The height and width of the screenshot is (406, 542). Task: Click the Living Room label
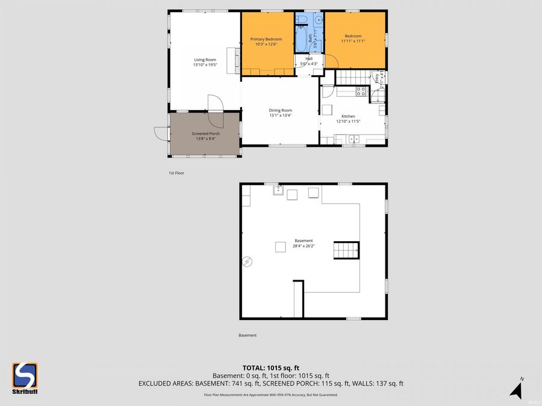point(205,60)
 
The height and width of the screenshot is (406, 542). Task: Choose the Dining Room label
point(280,110)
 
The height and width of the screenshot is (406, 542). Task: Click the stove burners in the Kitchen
point(361,91)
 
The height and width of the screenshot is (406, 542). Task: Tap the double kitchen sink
point(352,139)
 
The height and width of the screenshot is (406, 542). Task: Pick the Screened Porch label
point(205,134)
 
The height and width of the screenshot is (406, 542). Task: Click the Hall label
point(309,58)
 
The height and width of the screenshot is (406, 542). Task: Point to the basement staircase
point(347,250)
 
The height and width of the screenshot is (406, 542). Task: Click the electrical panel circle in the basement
point(247,262)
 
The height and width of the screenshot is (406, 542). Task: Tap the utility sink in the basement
point(278,191)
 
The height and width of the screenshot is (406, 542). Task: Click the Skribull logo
point(25,378)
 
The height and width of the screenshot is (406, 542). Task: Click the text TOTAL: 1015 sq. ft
point(270,368)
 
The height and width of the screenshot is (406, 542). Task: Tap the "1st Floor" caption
point(176,173)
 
